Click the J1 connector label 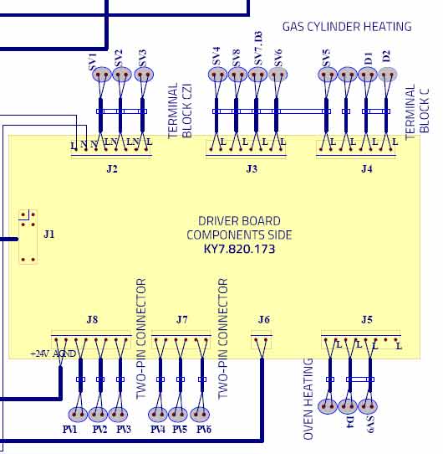click(48, 234)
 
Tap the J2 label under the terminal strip click(112, 168)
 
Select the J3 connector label click(252, 168)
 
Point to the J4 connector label click(367, 168)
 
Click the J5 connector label click(367, 319)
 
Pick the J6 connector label click(263, 319)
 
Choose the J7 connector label click(181, 319)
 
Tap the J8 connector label click(92, 319)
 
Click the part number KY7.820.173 click(239, 249)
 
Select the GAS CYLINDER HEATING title click(347, 27)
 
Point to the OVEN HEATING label click(308, 399)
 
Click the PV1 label click(69, 429)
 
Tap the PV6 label click(204, 429)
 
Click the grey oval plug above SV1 click(102, 75)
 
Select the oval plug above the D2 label click(388, 75)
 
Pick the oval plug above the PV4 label click(157, 415)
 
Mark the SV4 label click(216, 56)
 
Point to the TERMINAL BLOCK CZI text click(180, 111)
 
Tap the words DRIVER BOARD click(239, 221)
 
